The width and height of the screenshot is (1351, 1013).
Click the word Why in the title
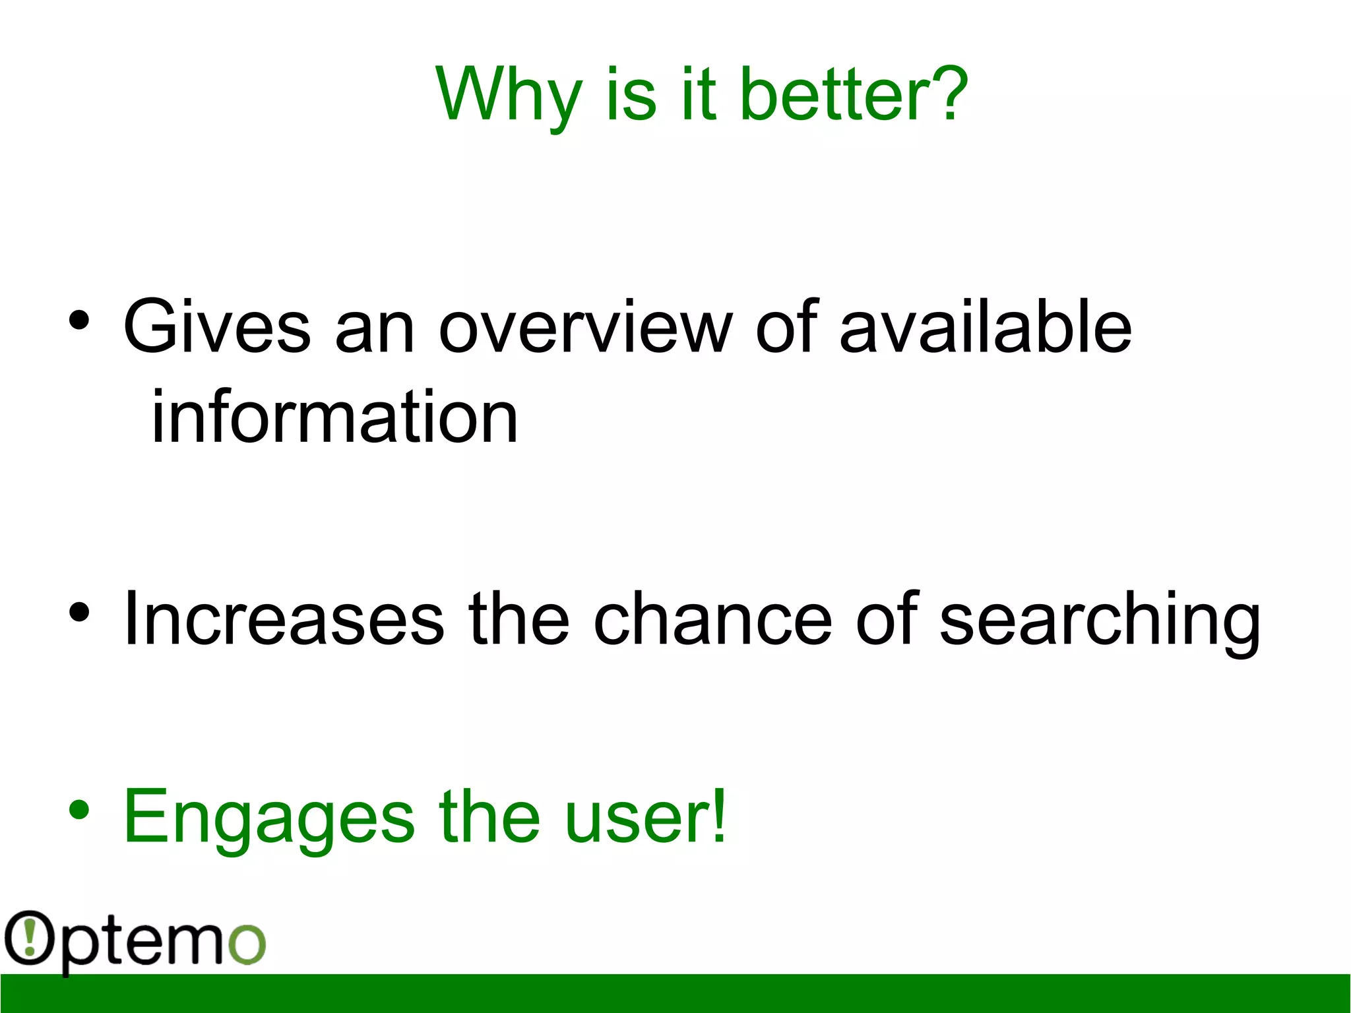pyautogui.click(x=508, y=96)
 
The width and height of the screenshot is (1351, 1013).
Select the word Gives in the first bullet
pyautogui.click(x=216, y=326)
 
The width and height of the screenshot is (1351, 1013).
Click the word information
pyautogui.click(x=334, y=417)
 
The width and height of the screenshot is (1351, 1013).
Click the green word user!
pyautogui.click(x=645, y=818)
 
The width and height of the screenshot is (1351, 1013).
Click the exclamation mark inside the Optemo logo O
pyautogui.click(x=29, y=938)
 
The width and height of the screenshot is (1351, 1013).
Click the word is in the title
pyautogui.click(x=631, y=96)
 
